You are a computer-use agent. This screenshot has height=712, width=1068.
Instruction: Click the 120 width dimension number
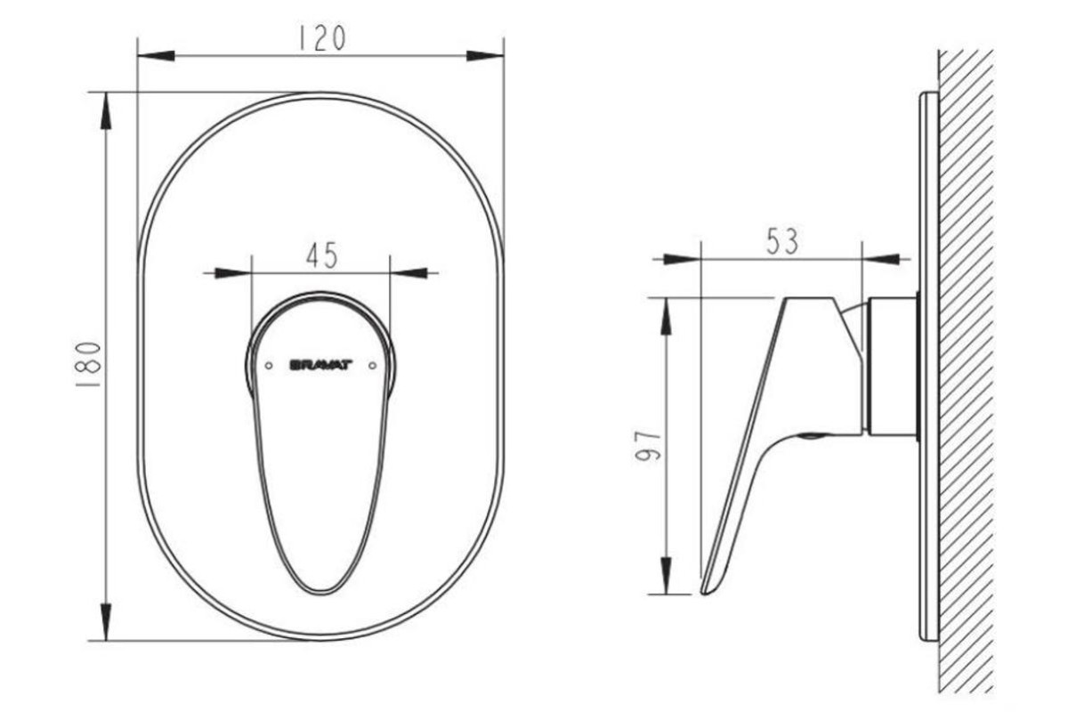pyautogui.click(x=321, y=38)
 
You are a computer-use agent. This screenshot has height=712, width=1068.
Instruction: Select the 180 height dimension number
pyautogui.click(x=89, y=364)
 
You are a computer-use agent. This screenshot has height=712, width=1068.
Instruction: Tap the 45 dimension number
pyautogui.click(x=322, y=255)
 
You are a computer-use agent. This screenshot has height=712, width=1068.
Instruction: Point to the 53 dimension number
pyautogui.click(x=782, y=241)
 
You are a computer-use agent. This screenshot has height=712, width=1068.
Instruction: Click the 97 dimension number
pyautogui.click(x=649, y=446)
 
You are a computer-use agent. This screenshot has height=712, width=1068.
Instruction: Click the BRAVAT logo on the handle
pyautogui.click(x=321, y=365)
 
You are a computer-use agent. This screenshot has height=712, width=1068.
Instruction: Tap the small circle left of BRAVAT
pyautogui.click(x=269, y=366)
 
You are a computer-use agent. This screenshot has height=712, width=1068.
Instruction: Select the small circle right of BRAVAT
pyautogui.click(x=373, y=366)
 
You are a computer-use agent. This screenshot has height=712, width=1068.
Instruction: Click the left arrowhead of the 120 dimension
pyautogui.click(x=156, y=56)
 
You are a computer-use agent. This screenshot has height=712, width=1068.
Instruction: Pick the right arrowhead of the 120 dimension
pyautogui.click(x=485, y=56)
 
